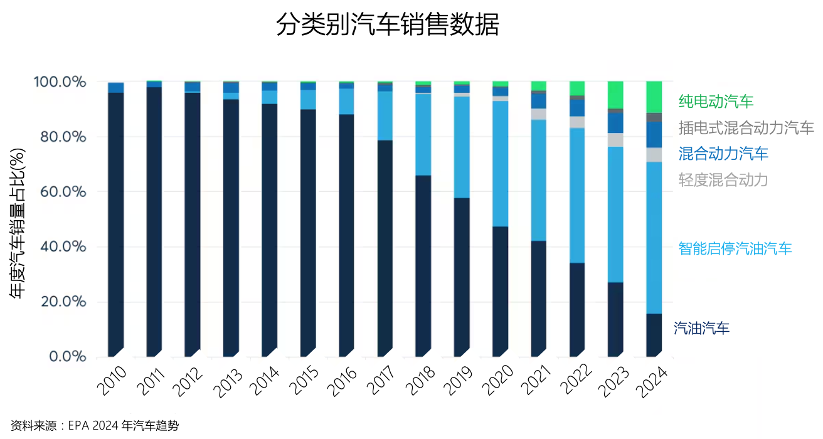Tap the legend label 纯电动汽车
pos(716,102)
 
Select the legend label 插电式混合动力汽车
pos(746,129)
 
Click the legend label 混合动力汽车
pos(723,153)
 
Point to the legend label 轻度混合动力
pos(723,180)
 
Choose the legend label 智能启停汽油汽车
pos(735,248)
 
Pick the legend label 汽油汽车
pos(701,327)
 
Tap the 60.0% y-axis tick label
pos(60,192)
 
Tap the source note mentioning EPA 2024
pos(95,426)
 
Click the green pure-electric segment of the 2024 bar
pos(654,97)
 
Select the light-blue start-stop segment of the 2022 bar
pos(577,195)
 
